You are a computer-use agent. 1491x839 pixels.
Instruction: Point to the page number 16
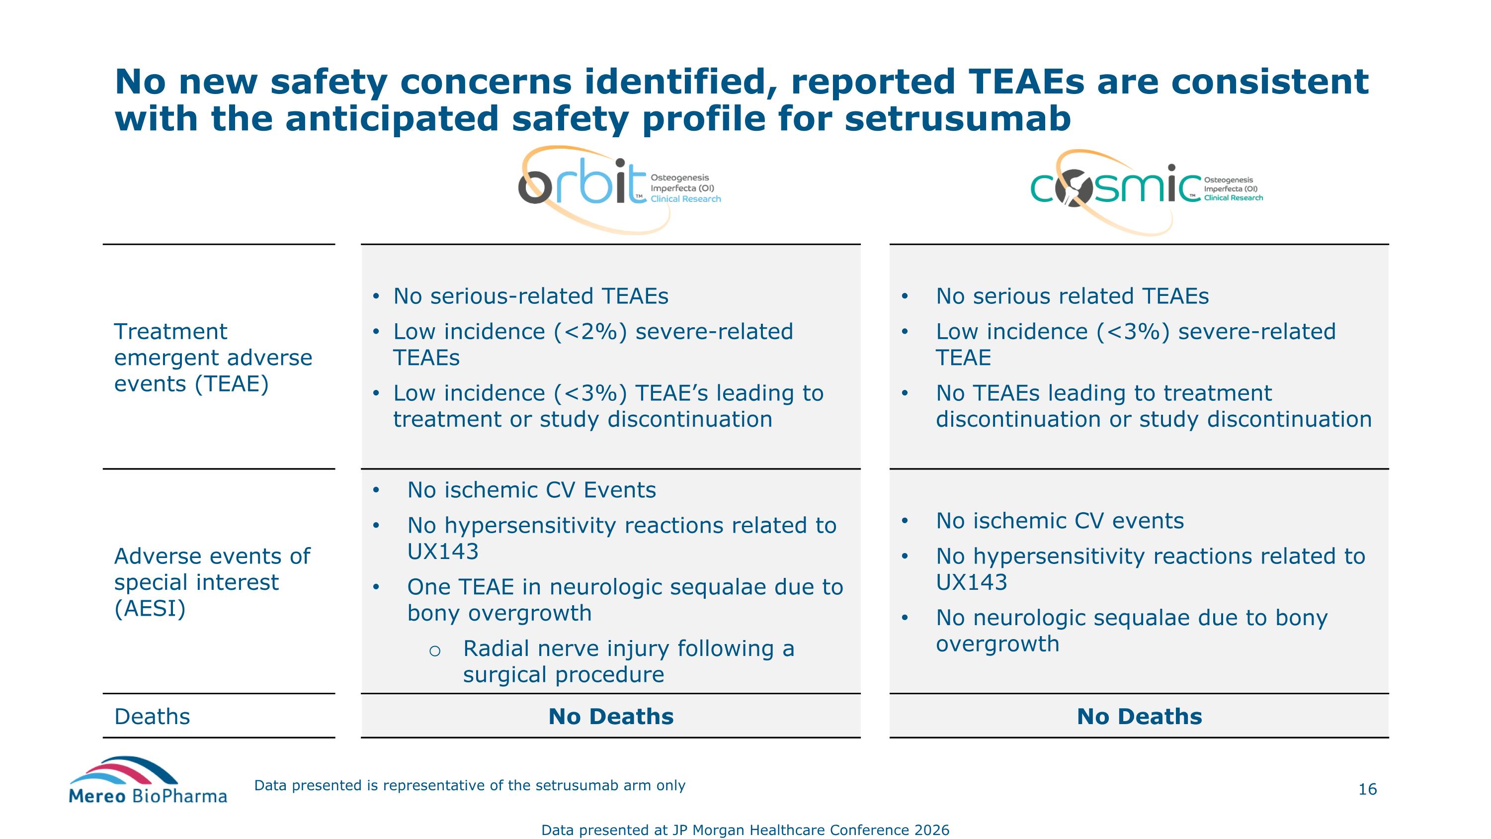point(1367,789)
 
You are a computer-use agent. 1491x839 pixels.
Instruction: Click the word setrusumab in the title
point(957,119)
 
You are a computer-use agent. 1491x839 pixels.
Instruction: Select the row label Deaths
point(152,717)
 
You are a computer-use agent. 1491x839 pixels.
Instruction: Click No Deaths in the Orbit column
point(611,717)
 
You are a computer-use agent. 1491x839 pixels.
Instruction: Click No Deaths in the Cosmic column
point(1139,717)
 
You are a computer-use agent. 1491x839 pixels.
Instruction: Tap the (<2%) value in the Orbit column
point(590,332)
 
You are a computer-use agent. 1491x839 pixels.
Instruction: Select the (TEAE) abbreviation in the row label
point(232,384)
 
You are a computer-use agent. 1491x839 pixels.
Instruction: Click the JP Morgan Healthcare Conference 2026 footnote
point(745,830)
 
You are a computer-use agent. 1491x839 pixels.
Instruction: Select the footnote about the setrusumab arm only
point(469,786)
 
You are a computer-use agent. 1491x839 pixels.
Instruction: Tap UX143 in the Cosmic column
point(971,582)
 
